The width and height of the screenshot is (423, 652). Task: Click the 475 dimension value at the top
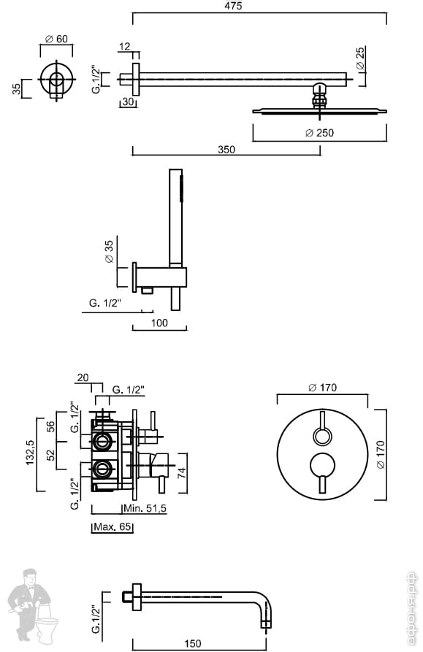tap(233, 6)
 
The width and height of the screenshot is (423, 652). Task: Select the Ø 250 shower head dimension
tap(319, 133)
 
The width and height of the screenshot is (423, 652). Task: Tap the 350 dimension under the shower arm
tap(226, 149)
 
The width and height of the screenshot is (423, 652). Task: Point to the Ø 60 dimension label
tap(56, 39)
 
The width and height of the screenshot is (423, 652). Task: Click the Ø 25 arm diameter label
tap(360, 58)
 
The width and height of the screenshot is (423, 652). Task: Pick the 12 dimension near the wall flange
tap(124, 46)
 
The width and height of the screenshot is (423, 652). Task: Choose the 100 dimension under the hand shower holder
tap(159, 323)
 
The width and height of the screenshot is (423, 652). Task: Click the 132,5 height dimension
tap(31, 453)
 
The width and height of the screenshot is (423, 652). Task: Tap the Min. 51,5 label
tap(145, 507)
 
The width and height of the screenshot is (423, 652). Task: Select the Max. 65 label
tap(113, 526)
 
